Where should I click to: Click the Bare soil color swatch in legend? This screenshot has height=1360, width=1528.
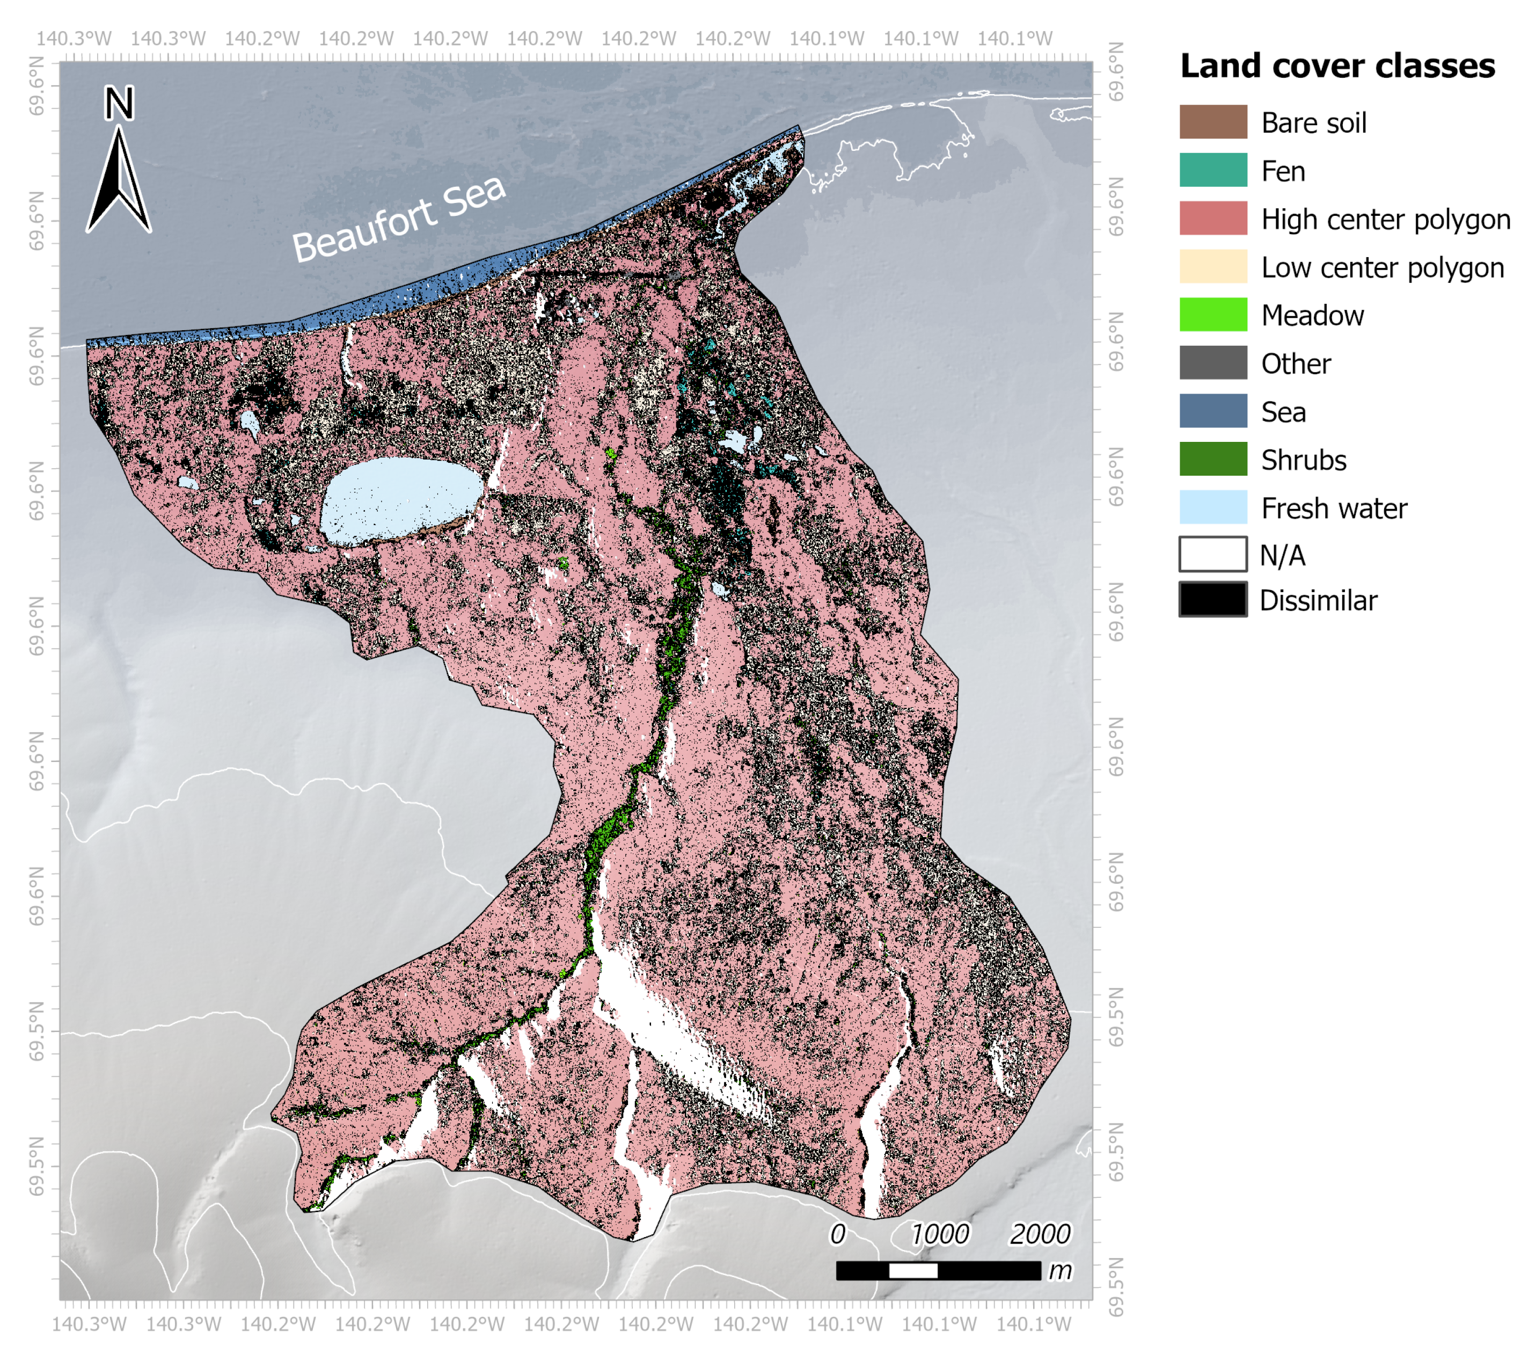tap(1212, 122)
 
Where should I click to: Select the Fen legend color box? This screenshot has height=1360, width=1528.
tap(1212, 170)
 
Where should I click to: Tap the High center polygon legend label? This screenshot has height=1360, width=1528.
tap(1385, 219)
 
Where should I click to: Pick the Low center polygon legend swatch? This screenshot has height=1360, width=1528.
tap(1212, 266)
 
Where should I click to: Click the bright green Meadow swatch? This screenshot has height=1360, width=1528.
tap(1212, 314)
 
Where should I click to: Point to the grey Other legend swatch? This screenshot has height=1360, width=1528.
tap(1212, 362)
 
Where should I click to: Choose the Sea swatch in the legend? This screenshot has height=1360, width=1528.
tap(1212, 410)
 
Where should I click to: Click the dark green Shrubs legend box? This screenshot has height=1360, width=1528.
tap(1212, 459)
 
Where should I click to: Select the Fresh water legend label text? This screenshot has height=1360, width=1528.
tap(1334, 508)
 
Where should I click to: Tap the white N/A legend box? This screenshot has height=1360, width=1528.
tap(1212, 554)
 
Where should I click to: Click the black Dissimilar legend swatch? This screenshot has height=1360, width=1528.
tap(1212, 600)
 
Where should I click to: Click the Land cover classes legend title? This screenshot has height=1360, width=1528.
tap(1336, 66)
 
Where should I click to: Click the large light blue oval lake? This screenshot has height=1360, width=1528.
tap(401, 499)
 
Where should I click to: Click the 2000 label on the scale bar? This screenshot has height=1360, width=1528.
tap(1040, 1234)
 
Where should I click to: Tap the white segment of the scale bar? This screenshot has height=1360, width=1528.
tap(913, 1271)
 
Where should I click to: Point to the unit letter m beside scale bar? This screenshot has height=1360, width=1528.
tap(1060, 1270)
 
